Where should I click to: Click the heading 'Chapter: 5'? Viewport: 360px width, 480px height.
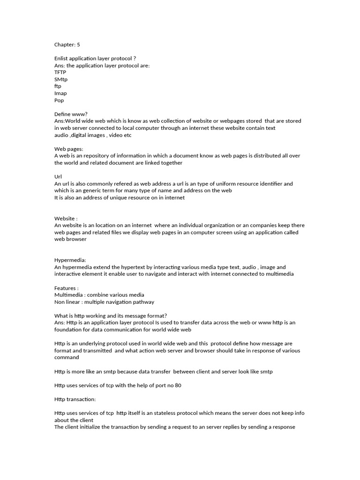67,45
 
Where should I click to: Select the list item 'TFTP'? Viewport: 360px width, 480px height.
60,73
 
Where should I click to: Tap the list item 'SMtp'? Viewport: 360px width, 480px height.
61,79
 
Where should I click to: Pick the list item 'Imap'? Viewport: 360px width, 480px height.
60,93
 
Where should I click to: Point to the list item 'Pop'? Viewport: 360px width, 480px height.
59,100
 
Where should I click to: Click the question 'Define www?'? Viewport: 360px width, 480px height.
71,114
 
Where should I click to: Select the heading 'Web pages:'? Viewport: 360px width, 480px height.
68,149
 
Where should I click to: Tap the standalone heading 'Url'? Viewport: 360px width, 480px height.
58,177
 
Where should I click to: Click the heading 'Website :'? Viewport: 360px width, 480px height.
66,218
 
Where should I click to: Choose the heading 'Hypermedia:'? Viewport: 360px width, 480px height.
70,260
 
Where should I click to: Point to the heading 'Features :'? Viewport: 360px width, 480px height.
67,288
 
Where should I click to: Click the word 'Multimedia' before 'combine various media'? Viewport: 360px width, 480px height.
68,295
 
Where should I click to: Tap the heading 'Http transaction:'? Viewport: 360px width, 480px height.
75,399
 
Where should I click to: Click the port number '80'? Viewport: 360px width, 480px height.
178,385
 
